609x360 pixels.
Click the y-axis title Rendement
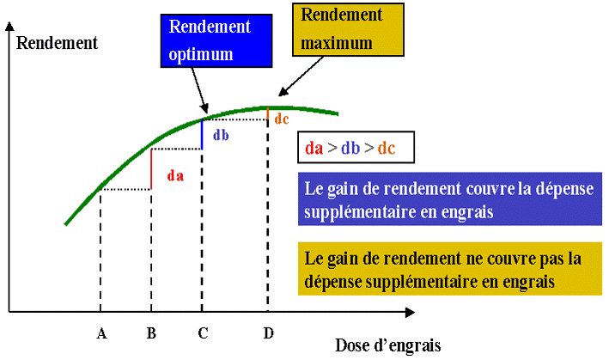tap(58, 41)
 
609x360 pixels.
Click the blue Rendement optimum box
tap(210, 40)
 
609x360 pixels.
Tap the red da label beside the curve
tap(175, 175)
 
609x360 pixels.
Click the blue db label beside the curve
tap(221, 135)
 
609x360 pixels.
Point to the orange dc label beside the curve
tap(281, 119)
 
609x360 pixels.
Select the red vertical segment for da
tap(151, 168)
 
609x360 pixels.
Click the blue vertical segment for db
tap(202, 134)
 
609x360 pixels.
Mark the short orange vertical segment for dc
tap(268, 114)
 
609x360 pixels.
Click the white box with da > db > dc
tap(354, 147)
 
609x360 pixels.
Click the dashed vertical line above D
tap(268, 215)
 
